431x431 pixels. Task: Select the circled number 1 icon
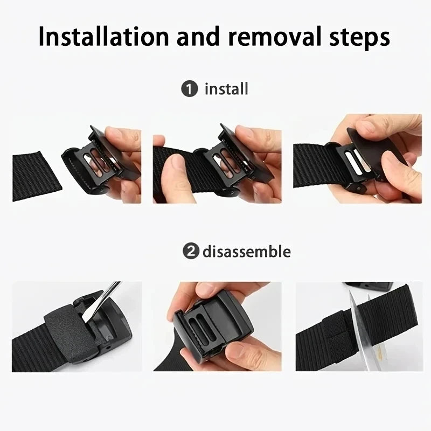point(189,89)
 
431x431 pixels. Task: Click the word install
point(226,88)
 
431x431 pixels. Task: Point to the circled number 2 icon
point(189,251)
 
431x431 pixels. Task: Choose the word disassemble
point(247,251)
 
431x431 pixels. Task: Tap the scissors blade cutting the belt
point(356,334)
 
